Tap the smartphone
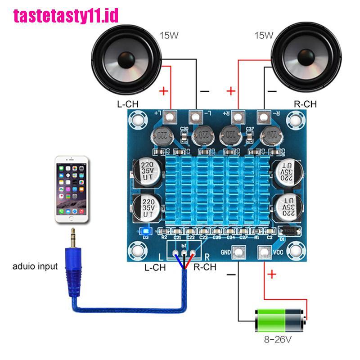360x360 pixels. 72,189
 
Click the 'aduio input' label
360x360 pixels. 35,266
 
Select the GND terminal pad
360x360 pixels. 238,253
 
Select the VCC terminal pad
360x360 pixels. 265,253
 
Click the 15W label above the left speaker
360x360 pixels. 169,35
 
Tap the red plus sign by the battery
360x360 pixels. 272,275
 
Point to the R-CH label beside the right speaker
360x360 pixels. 305,104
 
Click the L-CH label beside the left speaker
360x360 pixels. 127,104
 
